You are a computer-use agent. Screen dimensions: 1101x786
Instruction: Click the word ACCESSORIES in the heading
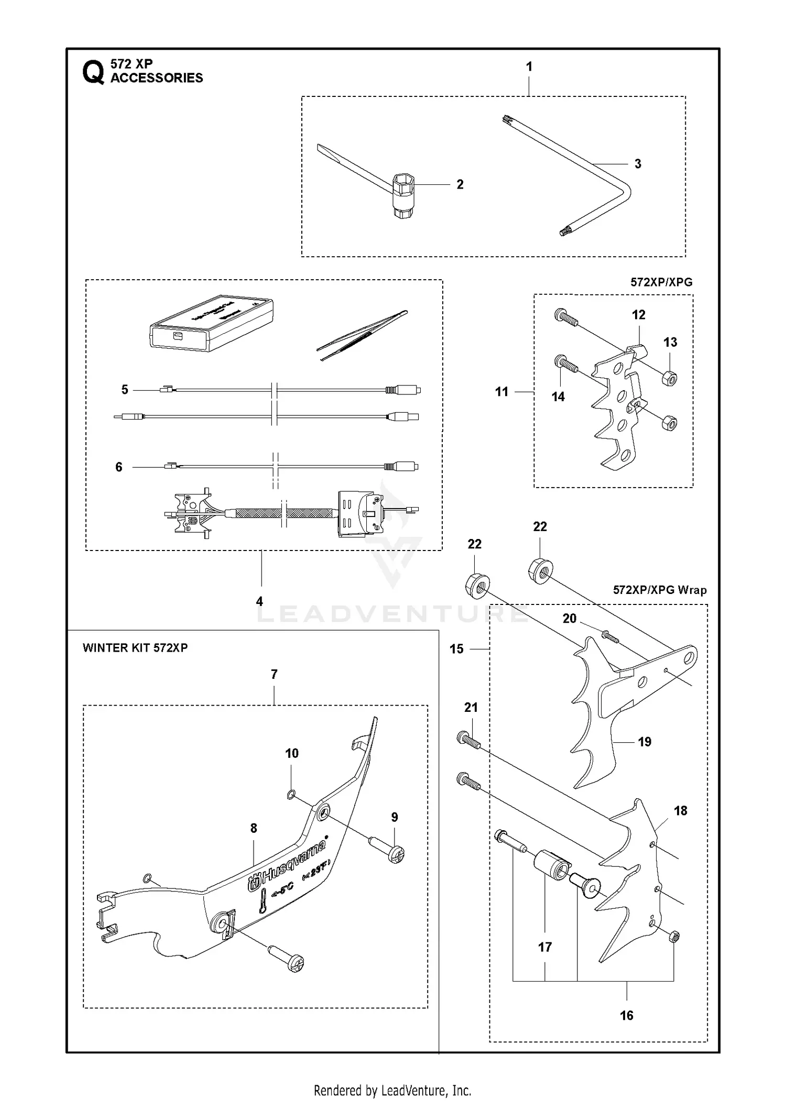pos(157,78)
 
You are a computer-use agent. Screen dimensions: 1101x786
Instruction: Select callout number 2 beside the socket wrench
pos(460,184)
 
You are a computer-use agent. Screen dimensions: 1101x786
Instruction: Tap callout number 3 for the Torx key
pos(637,164)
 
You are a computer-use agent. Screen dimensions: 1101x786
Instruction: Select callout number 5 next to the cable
pos(125,390)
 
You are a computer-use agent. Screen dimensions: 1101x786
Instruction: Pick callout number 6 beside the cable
pos(119,467)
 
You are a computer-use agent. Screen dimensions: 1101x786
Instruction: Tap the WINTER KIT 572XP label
pos(135,647)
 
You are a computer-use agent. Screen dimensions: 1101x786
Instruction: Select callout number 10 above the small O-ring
pos(292,753)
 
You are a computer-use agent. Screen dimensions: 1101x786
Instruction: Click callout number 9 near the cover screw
pos(395,817)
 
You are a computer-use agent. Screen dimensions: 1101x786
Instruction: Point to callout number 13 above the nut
pos(670,342)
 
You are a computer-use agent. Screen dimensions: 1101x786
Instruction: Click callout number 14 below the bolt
pos(558,397)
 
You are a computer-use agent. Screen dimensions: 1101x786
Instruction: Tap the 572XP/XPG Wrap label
pos(659,590)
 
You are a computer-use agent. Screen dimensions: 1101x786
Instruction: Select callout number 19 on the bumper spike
pos(645,742)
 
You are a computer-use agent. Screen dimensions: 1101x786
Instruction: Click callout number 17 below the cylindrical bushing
pos(545,947)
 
